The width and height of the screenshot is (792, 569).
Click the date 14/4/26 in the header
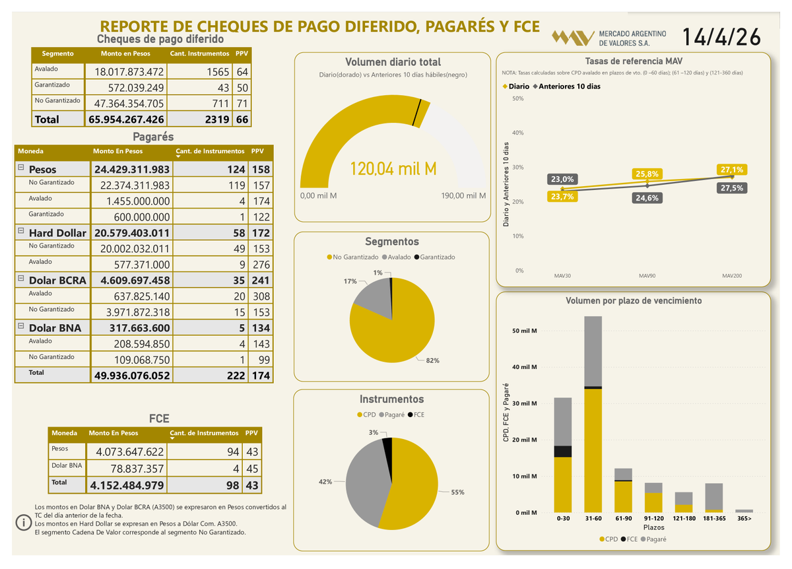(720, 37)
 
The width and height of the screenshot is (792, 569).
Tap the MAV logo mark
(572, 38)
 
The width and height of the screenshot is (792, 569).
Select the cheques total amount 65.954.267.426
(125, 119)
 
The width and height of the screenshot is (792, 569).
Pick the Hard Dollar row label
(57, 233)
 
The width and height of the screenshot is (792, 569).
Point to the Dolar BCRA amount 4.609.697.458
(132, 280)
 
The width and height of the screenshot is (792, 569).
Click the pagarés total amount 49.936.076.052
(132, 375)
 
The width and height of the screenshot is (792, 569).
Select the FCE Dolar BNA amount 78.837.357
(130, 468)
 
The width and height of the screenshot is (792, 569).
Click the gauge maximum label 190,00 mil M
(463, 196)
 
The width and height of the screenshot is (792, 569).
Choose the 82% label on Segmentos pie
(433, 360)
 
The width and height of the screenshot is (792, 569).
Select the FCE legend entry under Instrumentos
(416, 415)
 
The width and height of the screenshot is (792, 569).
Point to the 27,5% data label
(731, 188)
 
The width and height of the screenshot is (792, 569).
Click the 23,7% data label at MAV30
(562, 196)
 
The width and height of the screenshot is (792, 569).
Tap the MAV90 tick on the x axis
(647, 275)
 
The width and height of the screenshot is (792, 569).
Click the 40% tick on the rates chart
(518, 133)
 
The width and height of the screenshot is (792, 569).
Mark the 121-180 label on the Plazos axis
(684, 519)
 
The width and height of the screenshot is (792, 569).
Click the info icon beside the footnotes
(24, 522)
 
